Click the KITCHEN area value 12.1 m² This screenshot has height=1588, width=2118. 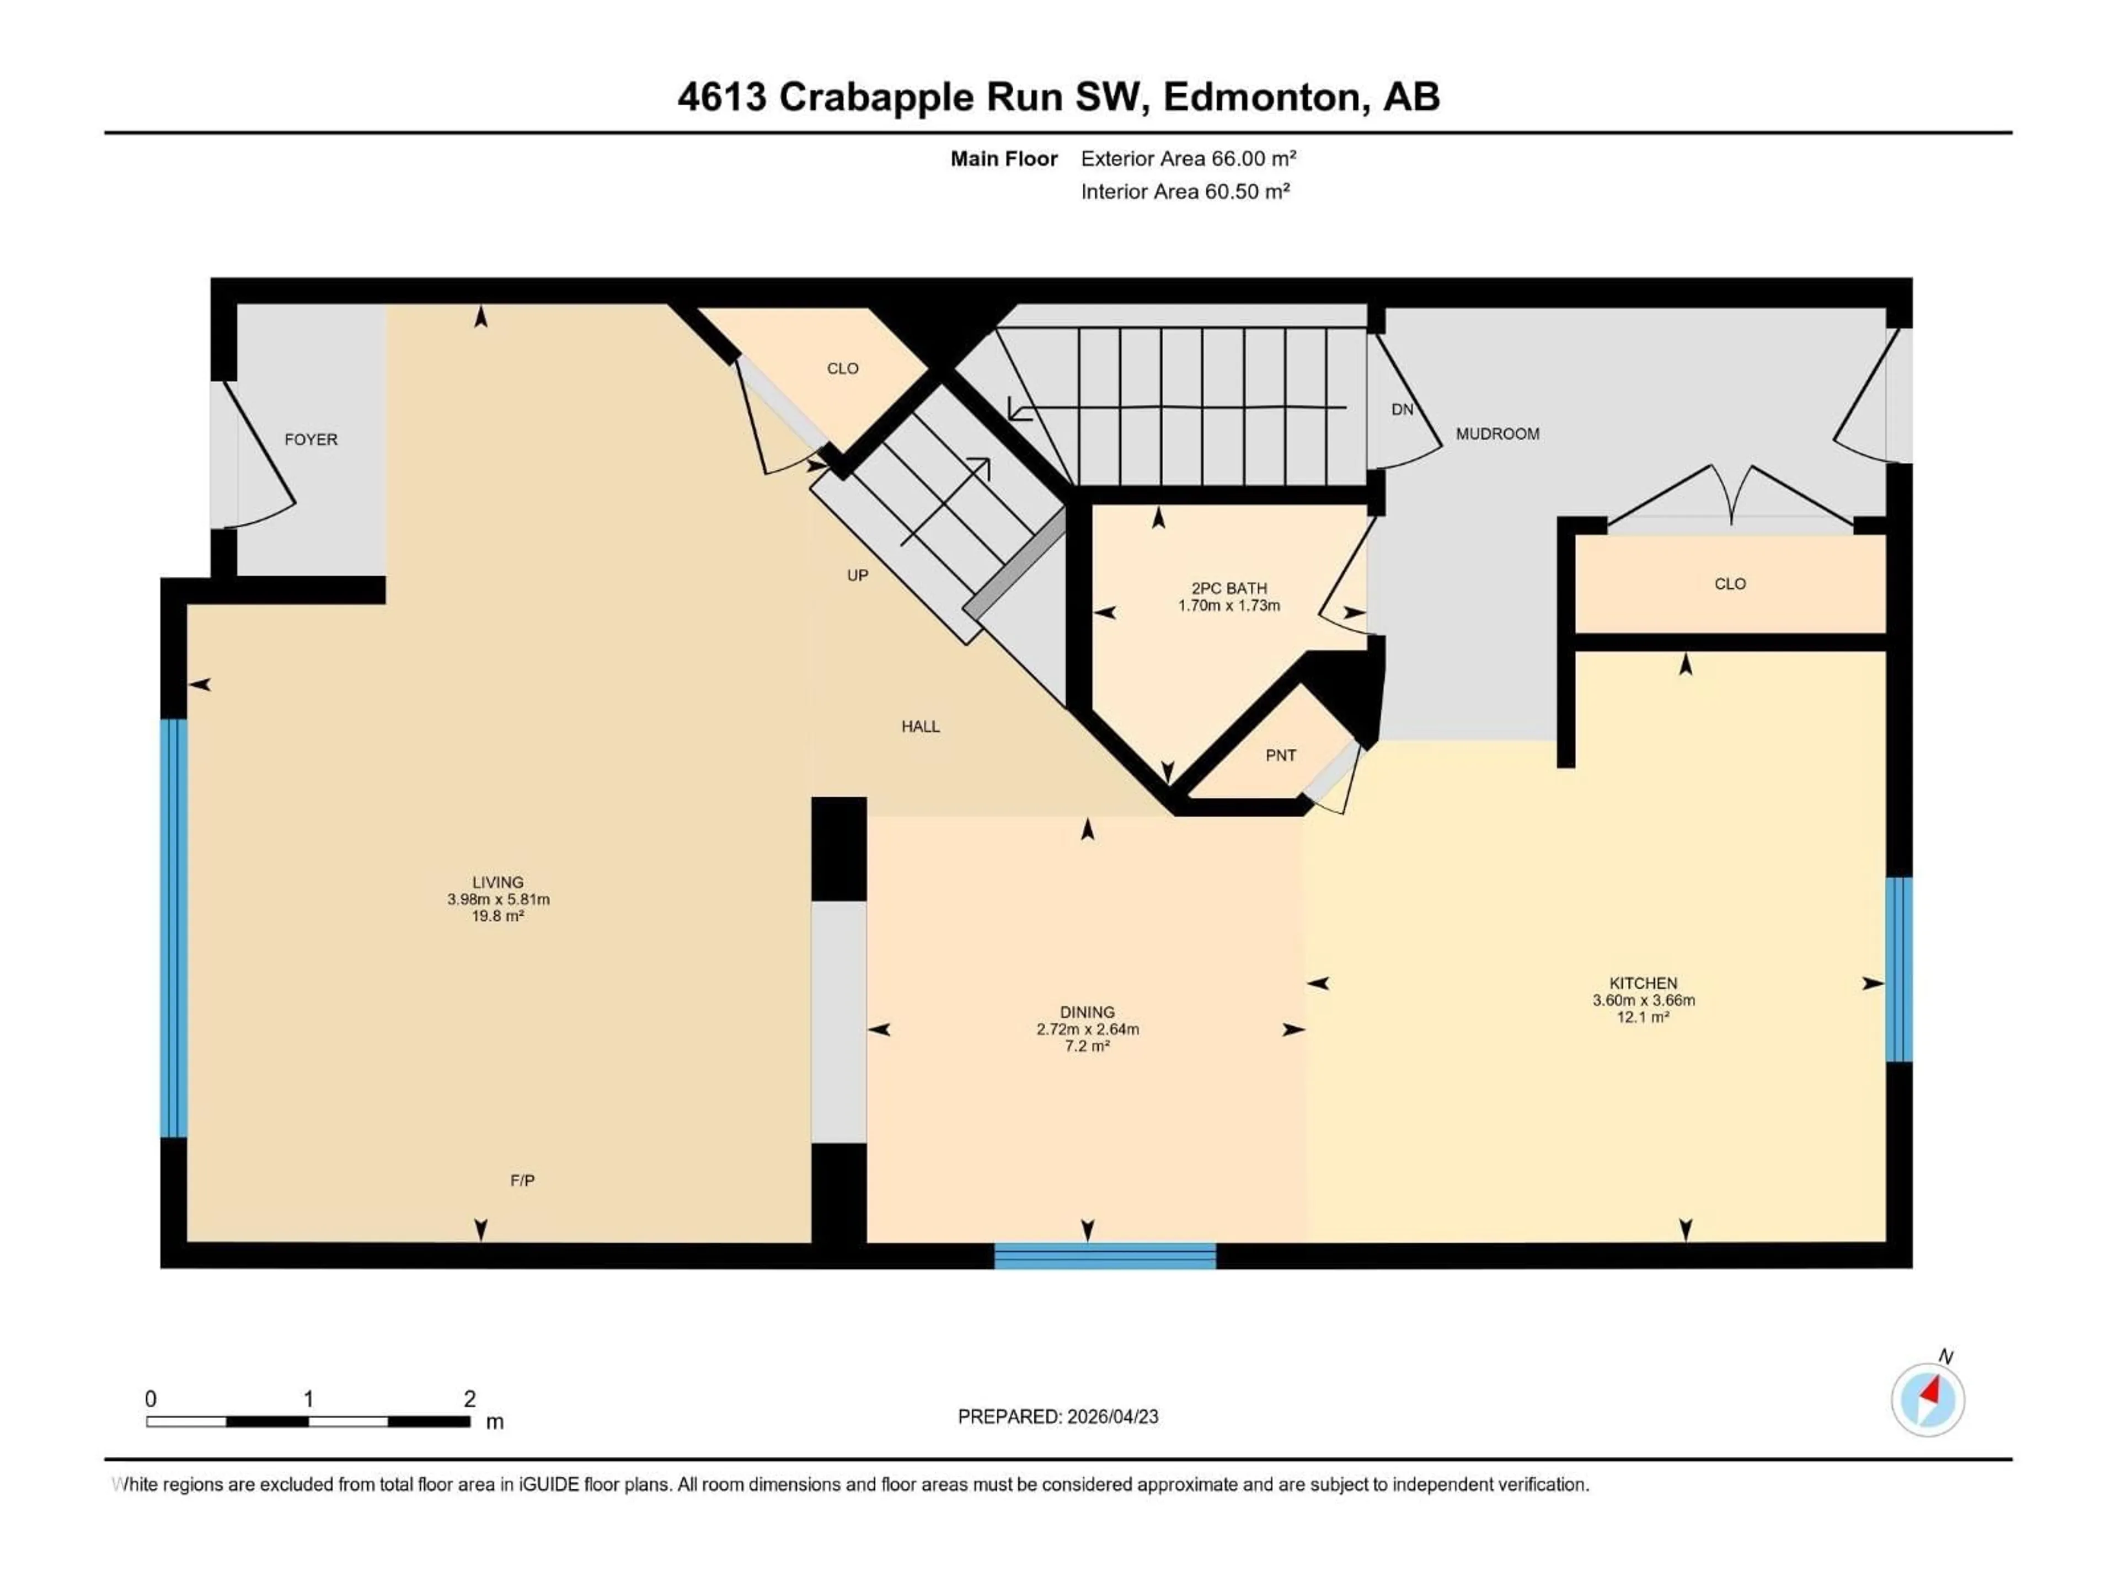pyautogui.click(x=1643, y=1017)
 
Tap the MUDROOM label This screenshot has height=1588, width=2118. pyautogui.click(x=1497, y=433)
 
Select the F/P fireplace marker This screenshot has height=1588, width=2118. pyautogui.click(x=522, y=1180)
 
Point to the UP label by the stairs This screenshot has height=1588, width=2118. pyautogui.click(x=857, y=575)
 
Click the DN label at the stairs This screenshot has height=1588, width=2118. pyautogui.click(x=1402, y=410)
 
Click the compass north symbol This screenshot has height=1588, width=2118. pyautogui.click(x=1928, y=1398)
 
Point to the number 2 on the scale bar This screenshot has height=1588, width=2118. pyautogui.click(x=469, y=1398)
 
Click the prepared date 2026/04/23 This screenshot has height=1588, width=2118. pyautogui.click(x=1111, y=1417)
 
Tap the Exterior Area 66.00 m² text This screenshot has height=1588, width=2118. pyautogui.click(x=1188, y=159)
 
